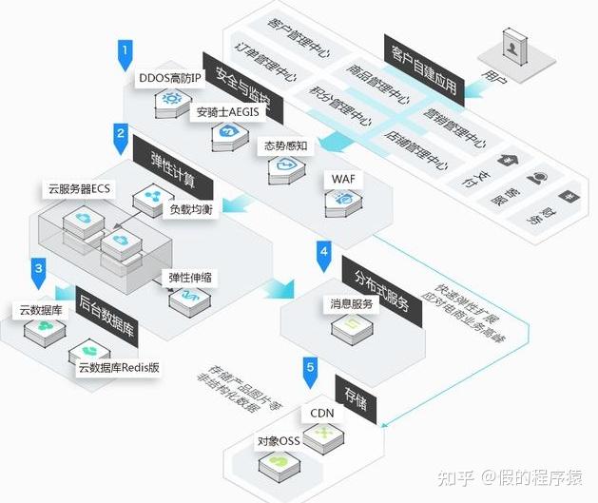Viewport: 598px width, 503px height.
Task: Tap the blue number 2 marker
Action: (121, 136)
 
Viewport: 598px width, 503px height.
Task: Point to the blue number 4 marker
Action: (324, 253)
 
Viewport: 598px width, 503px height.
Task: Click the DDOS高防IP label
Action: (170, 77)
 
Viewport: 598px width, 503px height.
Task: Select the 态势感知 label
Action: (284, 146)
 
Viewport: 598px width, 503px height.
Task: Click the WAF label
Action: (342, 179)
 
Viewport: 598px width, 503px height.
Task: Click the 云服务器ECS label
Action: (80, 188)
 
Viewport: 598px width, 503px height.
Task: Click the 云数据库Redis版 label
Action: (120, 367)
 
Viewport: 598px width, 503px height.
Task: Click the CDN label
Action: (321, 414)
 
